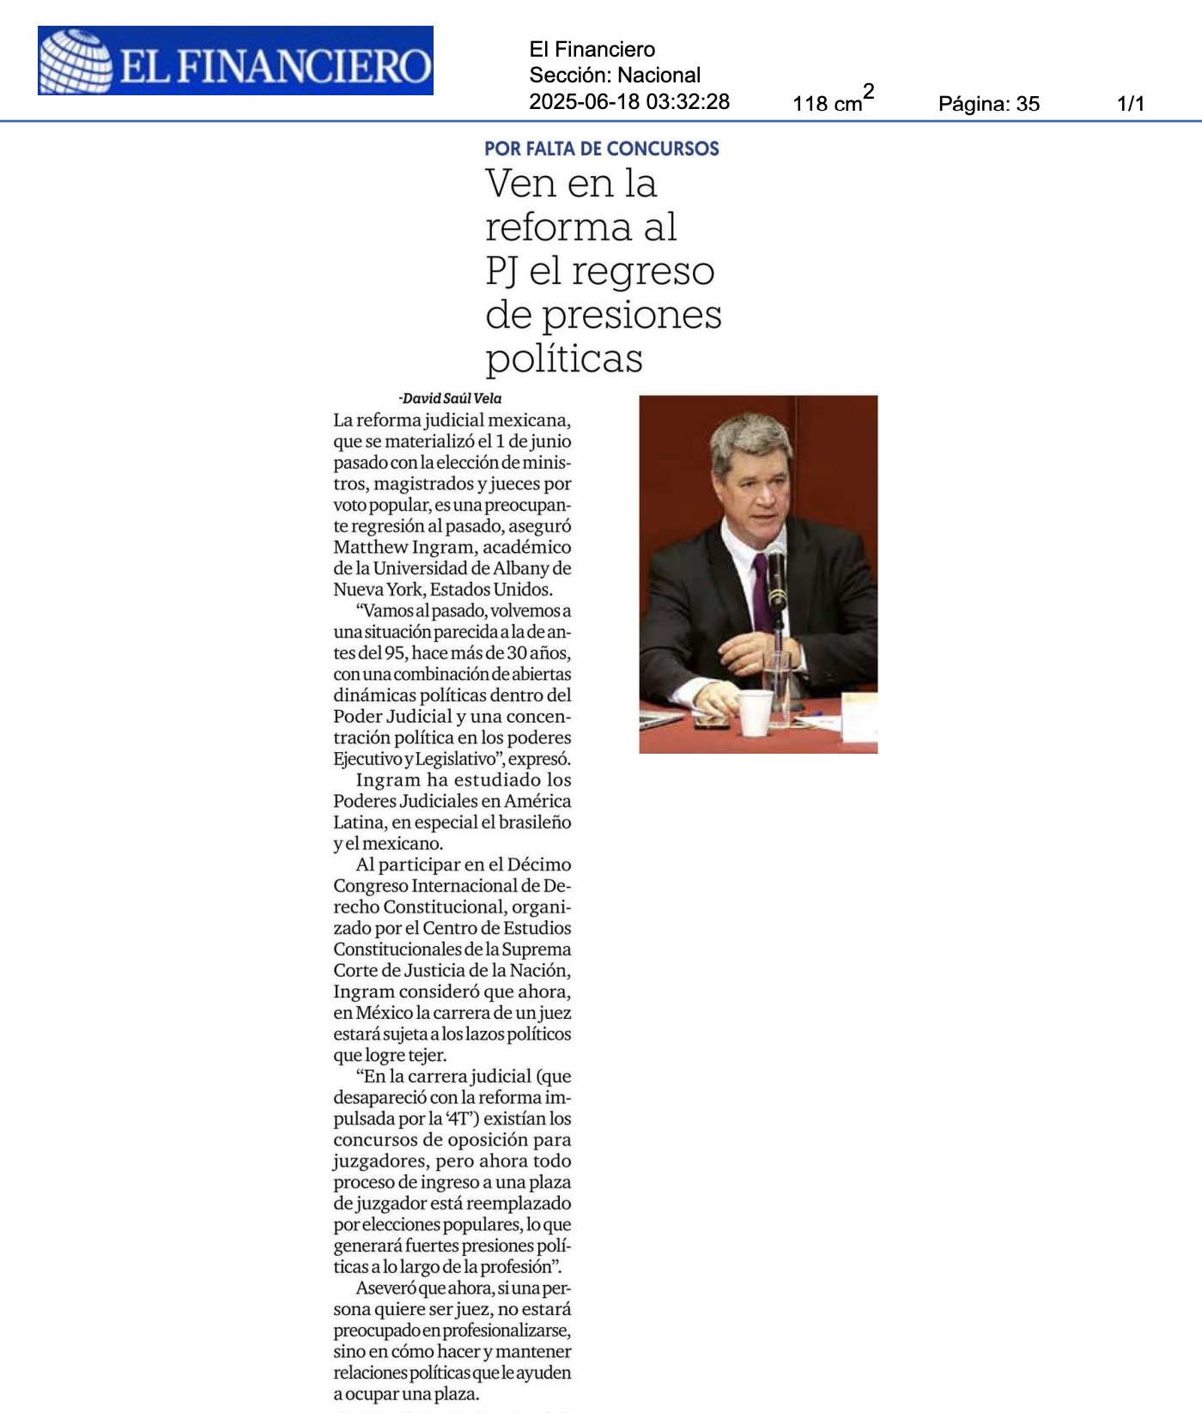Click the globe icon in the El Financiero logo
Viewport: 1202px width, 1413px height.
coord(76,61)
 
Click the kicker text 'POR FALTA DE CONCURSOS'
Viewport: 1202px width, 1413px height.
coord(601,149)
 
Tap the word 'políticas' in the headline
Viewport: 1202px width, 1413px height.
coord(563,358)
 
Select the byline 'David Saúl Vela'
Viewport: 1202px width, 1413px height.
coord(452,398)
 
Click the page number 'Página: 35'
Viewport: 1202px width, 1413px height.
coord(988,104)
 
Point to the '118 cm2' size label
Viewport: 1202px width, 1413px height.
coord(832,101)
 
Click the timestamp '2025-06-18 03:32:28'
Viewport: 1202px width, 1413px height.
coord(628,101)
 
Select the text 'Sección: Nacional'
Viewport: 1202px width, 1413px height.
coord(614,76)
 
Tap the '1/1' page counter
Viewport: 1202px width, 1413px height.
coord(1130,104)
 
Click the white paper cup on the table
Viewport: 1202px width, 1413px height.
coord(755,712)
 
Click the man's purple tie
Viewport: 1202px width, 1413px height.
coord(761,592)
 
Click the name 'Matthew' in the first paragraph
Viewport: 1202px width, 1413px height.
coord(367,548)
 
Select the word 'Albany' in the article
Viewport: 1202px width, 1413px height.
coord(519,568)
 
